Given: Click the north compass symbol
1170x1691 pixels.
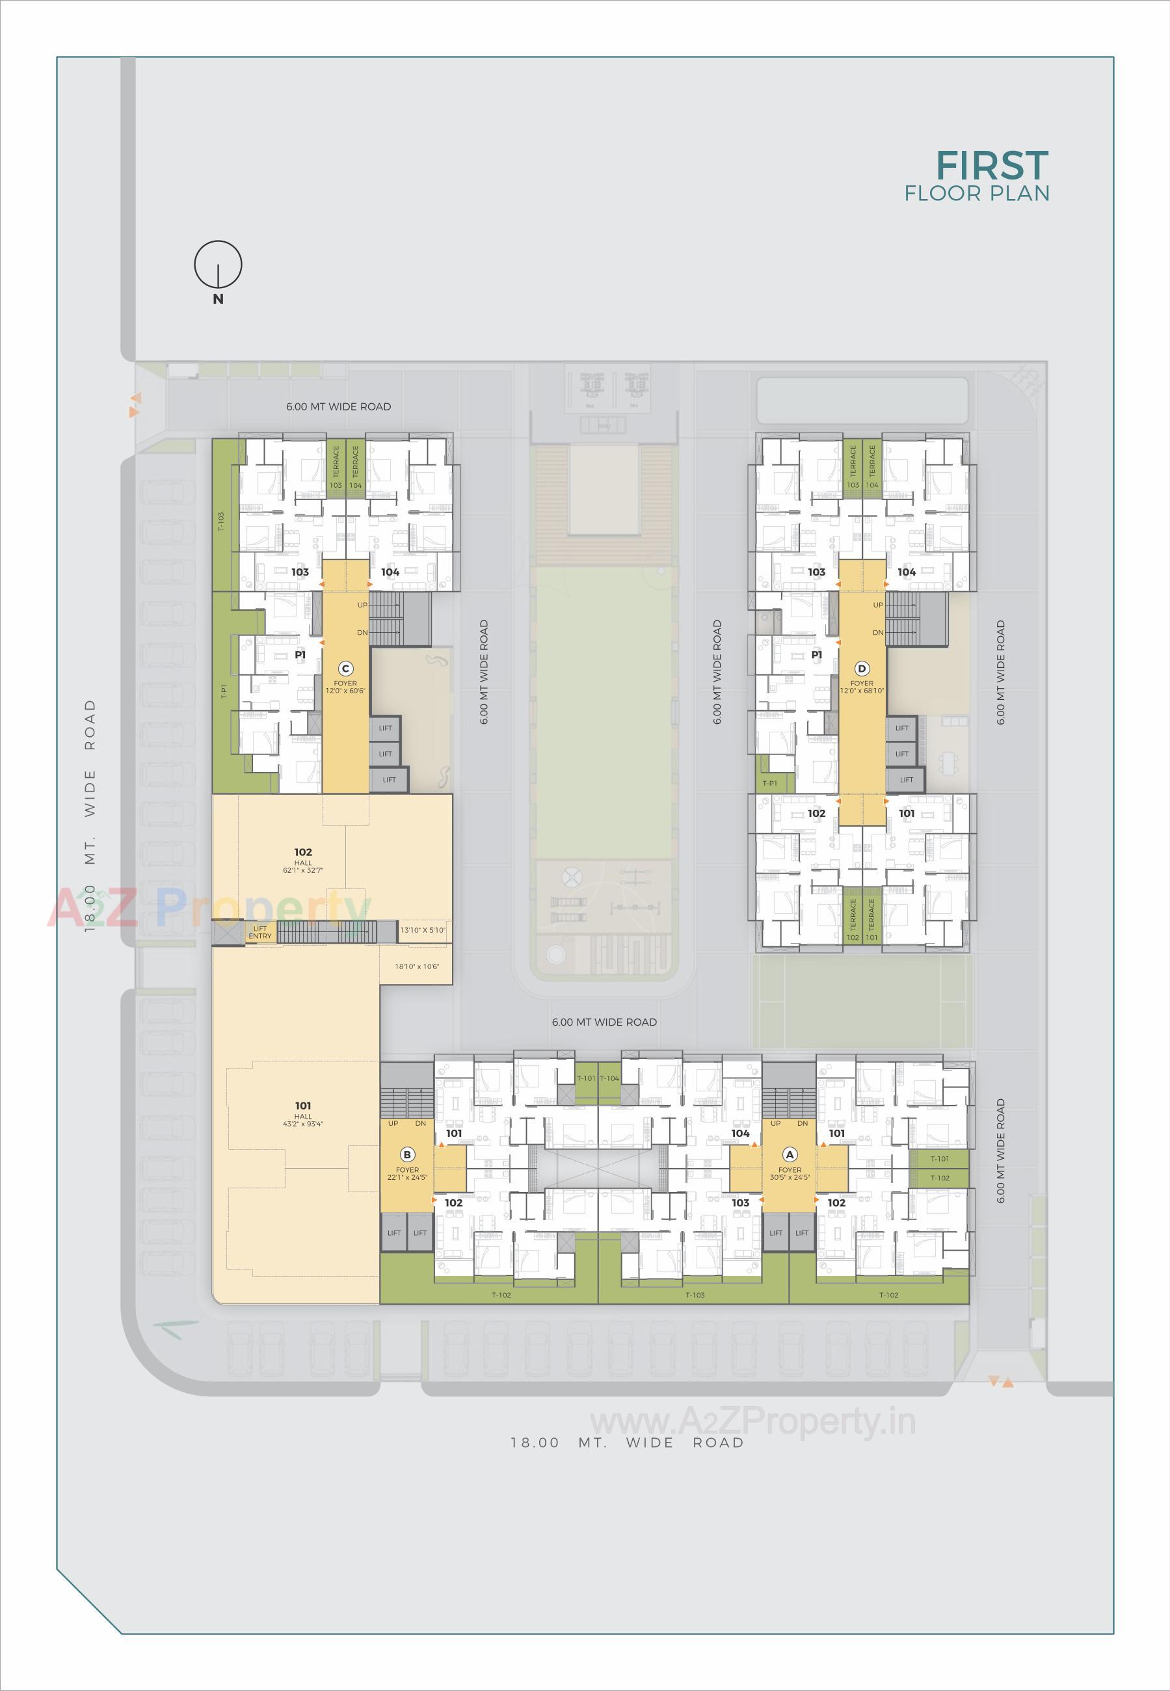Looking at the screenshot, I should click(x=218, y=265).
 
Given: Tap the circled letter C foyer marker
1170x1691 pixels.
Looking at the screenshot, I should click(x=346, y=669).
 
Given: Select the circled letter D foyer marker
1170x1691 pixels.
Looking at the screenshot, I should click(x=862, y=669).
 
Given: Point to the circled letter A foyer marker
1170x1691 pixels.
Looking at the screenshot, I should click(x=790, y=1154).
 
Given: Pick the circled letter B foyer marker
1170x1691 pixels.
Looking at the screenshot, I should click(x=407, y=1154).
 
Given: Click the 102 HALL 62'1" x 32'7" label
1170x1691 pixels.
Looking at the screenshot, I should click(x=303, y=860).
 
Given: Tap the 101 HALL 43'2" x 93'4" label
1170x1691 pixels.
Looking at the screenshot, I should click(x=303, y=1113).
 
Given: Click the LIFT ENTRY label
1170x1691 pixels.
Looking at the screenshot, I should click(x=259, y=933).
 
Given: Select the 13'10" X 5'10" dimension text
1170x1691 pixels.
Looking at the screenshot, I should click(x=423, y=930).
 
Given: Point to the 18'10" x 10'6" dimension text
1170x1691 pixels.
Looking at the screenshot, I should click(x=416, y=966).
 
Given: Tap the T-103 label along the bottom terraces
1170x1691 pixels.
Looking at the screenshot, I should click(x=695, y=1294).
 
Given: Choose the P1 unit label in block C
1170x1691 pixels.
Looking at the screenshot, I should click(x=300, y=654).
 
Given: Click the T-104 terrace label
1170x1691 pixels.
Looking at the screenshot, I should click(x=609, y=1078).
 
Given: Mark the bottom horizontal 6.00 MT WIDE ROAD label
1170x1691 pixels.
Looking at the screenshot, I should click(x=604, y=1022).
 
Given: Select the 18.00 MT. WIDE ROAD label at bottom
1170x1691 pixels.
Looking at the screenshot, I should click(x=627, y=1443).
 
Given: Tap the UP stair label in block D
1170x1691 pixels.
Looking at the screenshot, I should click(x=877, y=605).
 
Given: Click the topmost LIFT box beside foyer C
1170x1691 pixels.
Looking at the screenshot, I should click(x=386, y=728).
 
